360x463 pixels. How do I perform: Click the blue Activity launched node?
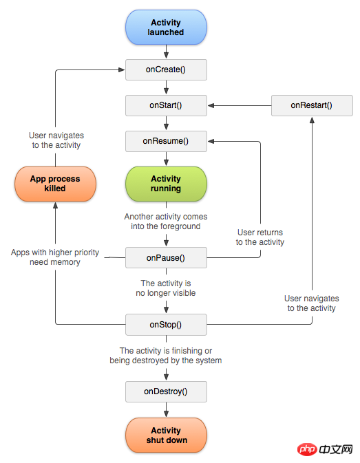tap(166, 27)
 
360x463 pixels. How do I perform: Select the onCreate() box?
tap(166, 69)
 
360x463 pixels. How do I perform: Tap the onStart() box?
tap(166, 105)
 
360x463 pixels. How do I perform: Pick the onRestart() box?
tap(312, 105)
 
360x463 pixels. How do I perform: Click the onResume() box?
tap(166, 141)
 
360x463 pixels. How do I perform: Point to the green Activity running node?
tap(166, 184)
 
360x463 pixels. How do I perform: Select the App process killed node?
tap(55, 184)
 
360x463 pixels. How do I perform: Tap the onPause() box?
tap(166, 258)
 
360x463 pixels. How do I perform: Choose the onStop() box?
tap(166, 325)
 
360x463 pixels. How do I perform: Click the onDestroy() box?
tap(166, 391)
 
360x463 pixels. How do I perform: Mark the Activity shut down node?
tap(166, 435)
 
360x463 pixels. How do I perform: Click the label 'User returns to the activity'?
tap(260, 237)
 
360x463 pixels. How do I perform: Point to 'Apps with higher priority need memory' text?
tap(55, 257)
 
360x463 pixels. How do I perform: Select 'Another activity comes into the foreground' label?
tap(166, 222)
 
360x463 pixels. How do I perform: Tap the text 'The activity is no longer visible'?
tap(166, 288)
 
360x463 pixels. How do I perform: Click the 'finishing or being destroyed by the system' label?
tap(166, 356)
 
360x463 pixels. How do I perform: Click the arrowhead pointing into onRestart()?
tap(312, 120)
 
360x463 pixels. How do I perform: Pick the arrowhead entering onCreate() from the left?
tap(121, 69)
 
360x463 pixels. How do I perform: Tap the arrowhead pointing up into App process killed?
tap(55, 205)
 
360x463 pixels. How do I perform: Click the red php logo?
tap(307, 449)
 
